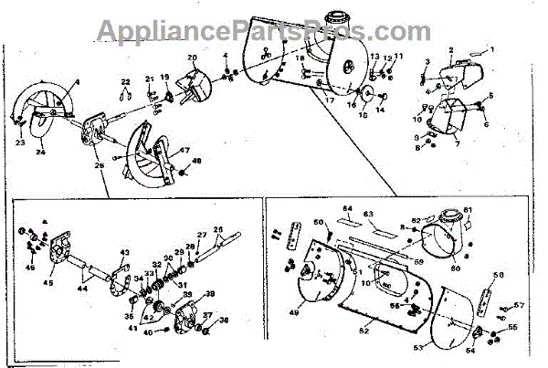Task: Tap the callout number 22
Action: (127, 84)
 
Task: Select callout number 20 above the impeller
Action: (192, 58)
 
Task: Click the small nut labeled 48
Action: (184, 169)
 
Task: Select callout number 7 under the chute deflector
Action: (456, 143)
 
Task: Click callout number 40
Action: (149, 332)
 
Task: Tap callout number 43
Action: (126, 253)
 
